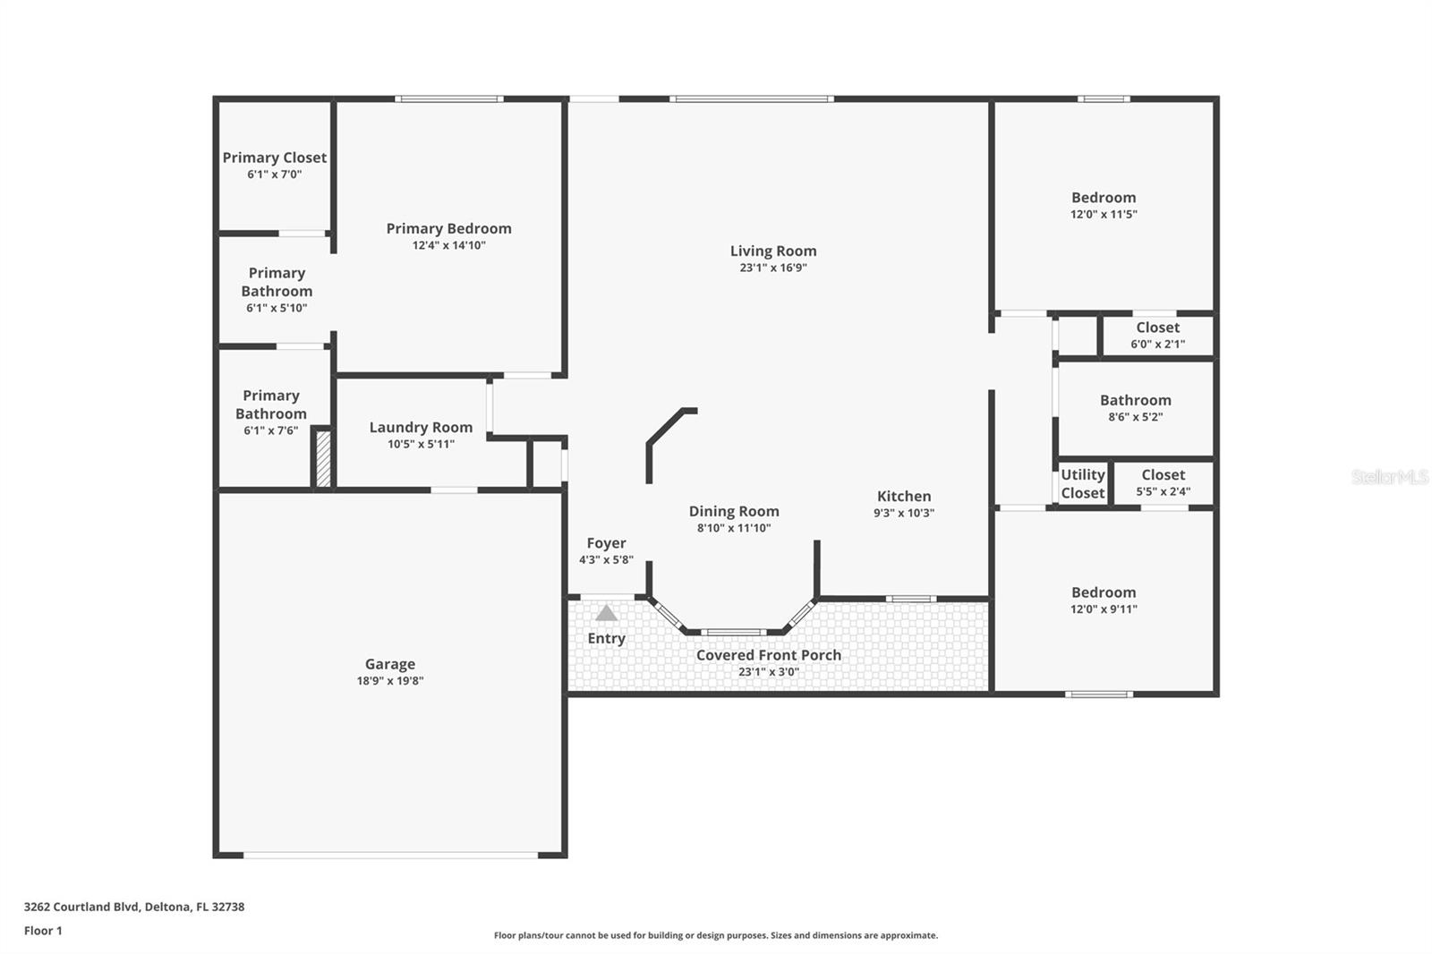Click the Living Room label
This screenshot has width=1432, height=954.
point(773,251)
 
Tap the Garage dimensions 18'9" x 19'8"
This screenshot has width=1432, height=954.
point(390,681)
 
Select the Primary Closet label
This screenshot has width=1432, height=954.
point(274,158)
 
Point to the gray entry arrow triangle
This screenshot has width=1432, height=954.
point(606,613)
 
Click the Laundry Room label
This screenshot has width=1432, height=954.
point(421,428)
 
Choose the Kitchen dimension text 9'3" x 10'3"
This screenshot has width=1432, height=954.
point(904,513)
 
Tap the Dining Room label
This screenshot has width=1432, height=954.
point(734,512)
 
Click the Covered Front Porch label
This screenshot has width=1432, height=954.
point(769,655)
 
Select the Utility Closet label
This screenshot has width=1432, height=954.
point(1083,484)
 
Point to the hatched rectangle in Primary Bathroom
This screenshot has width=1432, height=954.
point(323,459)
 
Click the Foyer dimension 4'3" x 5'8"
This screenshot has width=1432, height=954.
point(606,560)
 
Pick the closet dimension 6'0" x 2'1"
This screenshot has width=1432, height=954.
point(1158,344)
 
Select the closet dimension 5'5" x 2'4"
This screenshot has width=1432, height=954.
point(1163,491)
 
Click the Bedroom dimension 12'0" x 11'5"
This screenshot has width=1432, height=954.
point(1104,214)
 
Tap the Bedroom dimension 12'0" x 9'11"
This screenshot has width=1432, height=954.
point(1104,609)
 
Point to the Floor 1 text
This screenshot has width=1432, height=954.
point(44,931)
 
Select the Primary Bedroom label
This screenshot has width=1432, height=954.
point(448,229)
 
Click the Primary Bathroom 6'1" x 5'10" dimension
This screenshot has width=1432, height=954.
point(277,308)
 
